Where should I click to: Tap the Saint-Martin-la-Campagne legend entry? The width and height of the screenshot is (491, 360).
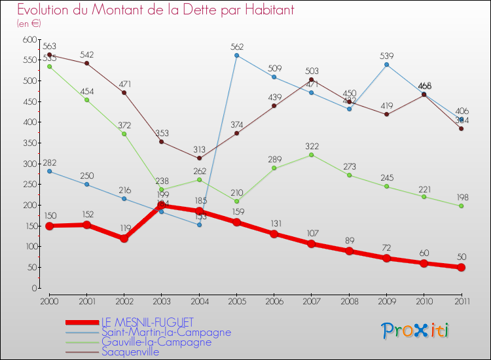(166, 332)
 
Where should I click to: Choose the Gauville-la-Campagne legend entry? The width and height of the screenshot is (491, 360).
(156, 342)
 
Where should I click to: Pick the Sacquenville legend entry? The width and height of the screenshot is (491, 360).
(130, 351)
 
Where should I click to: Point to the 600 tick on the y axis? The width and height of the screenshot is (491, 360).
(29, 39)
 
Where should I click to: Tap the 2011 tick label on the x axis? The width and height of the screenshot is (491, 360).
(462, 300)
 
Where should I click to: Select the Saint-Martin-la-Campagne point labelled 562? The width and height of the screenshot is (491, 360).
(236, 55)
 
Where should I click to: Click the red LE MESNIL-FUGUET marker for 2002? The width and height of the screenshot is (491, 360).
(124, 238)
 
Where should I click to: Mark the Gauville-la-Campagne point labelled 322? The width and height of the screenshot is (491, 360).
(312, 154)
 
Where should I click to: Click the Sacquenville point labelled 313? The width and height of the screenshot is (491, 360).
(199, 158)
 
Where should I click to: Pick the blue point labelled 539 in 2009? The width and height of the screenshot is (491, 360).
(386, 64)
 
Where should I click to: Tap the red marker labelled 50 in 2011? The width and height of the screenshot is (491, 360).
(462, 267)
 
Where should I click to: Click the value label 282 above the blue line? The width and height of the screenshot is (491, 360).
(50, 162)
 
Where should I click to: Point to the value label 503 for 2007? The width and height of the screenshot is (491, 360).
(312, 71)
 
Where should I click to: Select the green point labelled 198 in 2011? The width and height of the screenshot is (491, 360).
(462, 206)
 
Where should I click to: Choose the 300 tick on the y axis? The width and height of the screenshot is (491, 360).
(29, 164)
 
